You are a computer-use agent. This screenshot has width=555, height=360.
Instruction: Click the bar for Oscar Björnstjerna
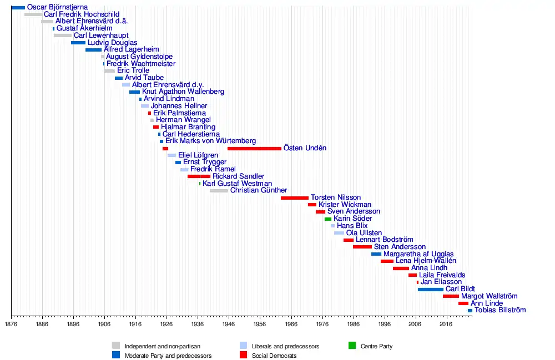point(18,7)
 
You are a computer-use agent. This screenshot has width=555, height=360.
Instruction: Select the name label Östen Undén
point(305,148)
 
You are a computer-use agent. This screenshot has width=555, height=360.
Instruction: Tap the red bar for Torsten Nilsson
point(294,197)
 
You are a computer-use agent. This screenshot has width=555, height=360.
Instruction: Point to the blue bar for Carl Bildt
point(430,289)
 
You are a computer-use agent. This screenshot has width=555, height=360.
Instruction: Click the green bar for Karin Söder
point(327,219)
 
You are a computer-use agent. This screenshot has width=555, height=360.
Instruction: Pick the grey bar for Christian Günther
point(219,190)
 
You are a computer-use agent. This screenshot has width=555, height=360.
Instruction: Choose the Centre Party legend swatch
point(352,346)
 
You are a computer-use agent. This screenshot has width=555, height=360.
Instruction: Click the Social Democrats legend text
point(274,356)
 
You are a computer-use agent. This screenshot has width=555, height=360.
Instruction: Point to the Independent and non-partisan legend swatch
point(115,346)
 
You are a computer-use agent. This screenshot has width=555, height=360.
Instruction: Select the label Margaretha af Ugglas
point(418,254)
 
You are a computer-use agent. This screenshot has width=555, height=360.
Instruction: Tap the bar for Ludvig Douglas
point(78,43)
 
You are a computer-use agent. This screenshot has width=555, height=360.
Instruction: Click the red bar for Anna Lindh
point(401,268)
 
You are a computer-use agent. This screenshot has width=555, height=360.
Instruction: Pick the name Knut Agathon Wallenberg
point(183,92)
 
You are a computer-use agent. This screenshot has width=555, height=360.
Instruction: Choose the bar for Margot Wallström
point(451,296)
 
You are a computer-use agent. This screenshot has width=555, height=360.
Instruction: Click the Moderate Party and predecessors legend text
point(168,356)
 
